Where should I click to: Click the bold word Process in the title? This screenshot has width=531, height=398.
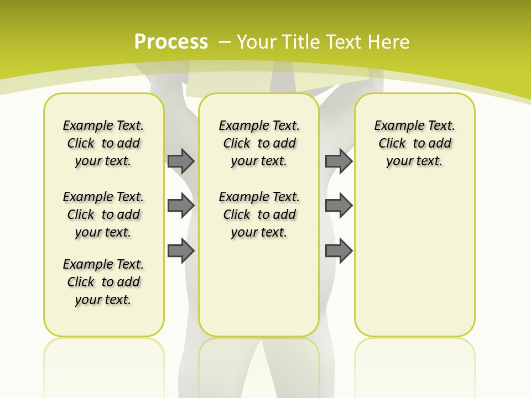coord(171,42)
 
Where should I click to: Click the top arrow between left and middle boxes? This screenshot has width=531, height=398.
coord(181,161)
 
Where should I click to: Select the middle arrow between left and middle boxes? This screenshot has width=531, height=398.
coord(181,206)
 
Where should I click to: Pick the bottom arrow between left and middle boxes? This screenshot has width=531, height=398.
coord(181,251)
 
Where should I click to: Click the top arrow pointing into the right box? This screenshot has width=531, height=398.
coord(339,161)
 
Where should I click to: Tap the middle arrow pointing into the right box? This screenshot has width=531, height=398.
coord(339,206)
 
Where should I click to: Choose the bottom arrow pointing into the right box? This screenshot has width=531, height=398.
coord(339,251)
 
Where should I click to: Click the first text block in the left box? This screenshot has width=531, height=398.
coord(103,143)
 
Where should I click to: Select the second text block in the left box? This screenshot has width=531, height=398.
coord(103,214)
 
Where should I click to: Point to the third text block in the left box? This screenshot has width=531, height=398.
coord(103,282)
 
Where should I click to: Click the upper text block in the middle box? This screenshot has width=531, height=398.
coord(259,143)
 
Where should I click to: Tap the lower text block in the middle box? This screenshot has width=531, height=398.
coord(259,214)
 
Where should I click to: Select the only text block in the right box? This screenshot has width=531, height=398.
coord(414,143)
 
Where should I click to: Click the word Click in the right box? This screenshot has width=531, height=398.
coord(392,143)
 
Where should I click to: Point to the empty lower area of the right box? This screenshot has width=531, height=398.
coord(414,260)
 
